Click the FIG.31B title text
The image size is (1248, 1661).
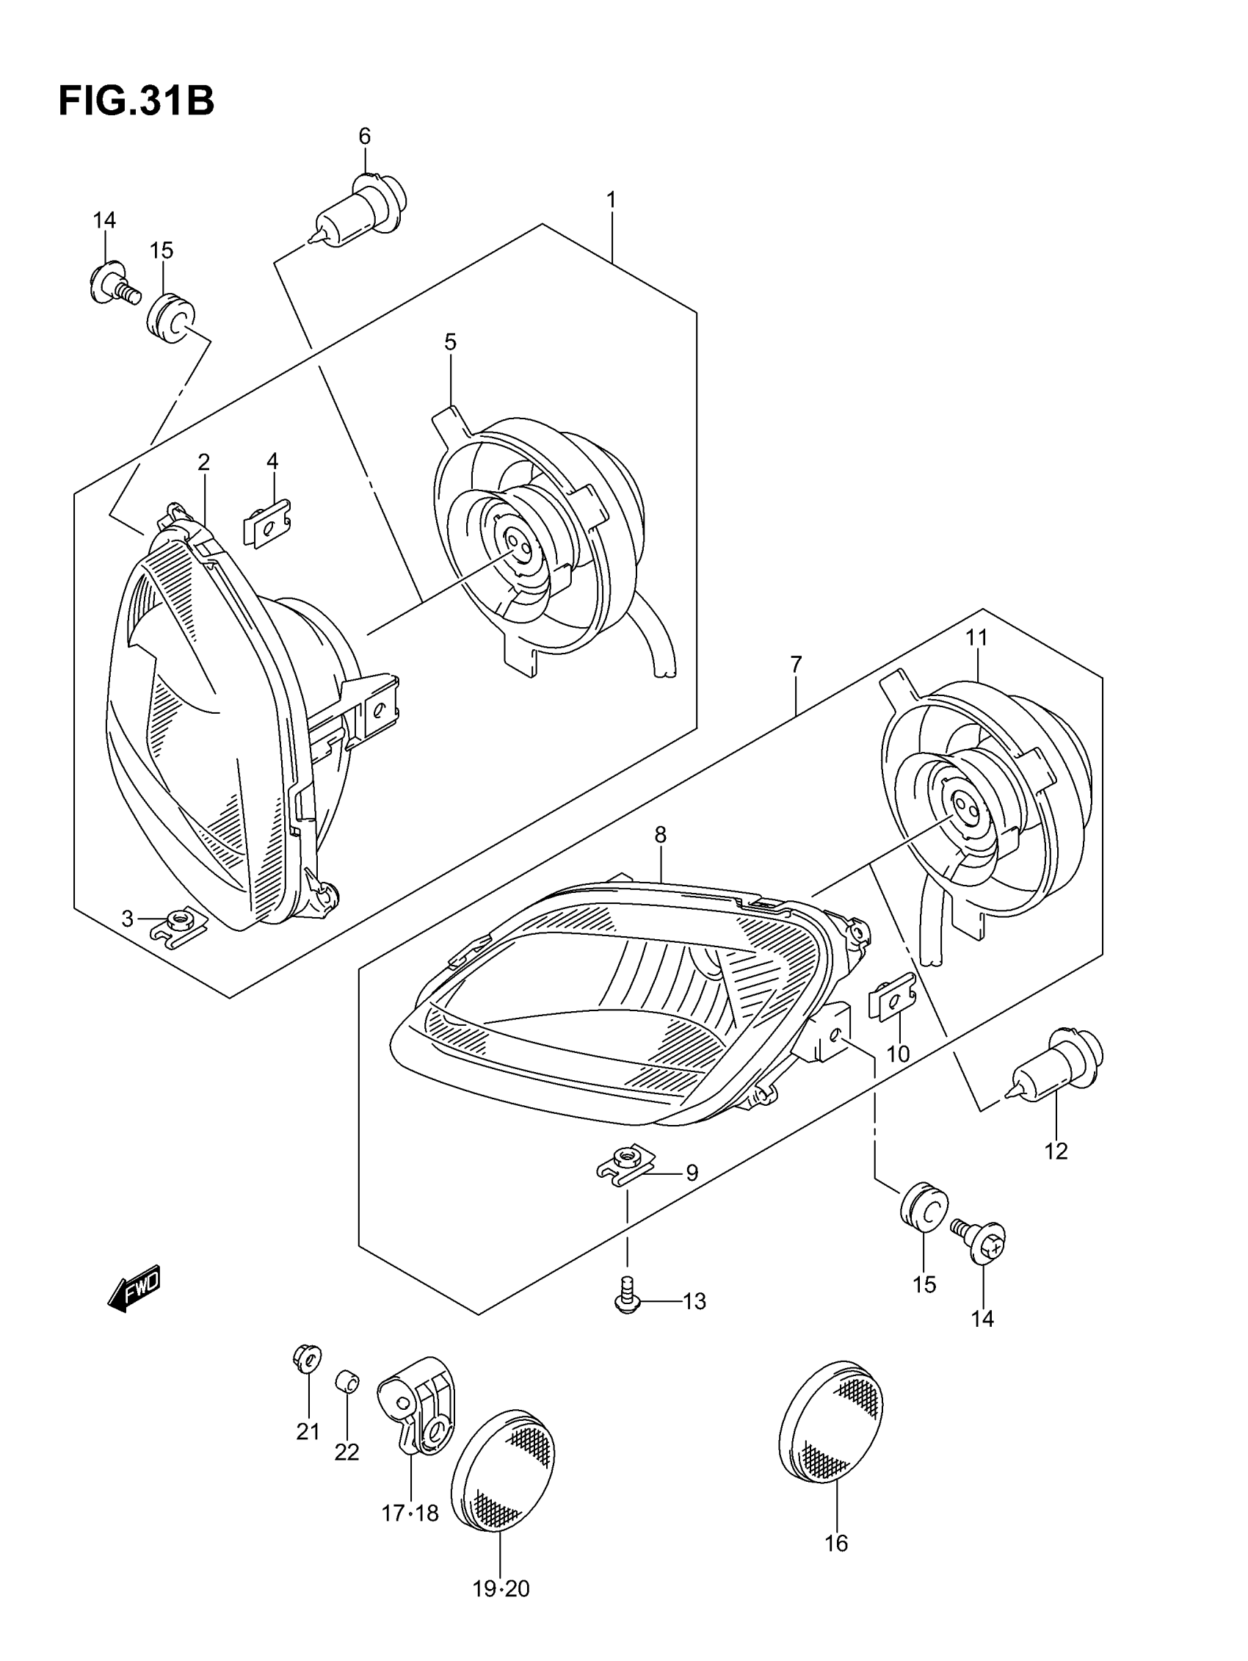pyautogui.click(x=136, y=101)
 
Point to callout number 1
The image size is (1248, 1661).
pyautogui.click(x=612, y=200)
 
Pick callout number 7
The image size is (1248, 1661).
pyautogui.click(x=796, y=664)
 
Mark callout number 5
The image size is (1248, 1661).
pyautogui.click(x=450, y=342)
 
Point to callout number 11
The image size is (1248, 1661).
pyautogui.click(x=976, y=637)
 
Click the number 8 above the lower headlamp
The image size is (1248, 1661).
pyautogui.click(x=660, y=834)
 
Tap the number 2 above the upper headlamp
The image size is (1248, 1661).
pyautogui.click(x=203, y=462)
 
